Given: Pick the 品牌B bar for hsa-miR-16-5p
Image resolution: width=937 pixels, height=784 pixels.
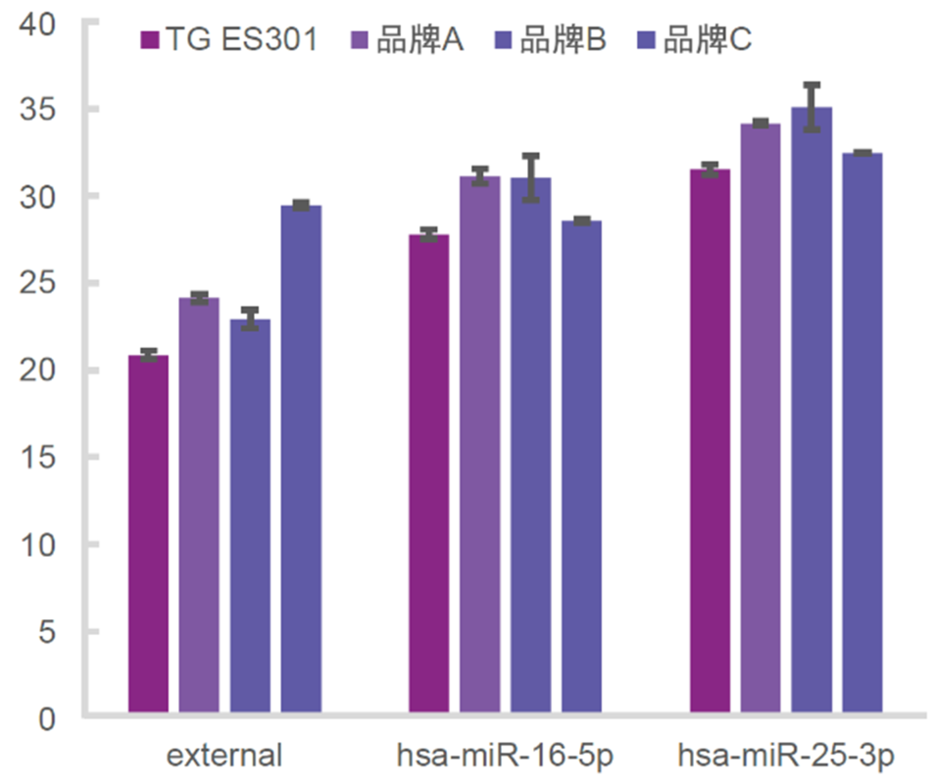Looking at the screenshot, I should (x=530, y=445).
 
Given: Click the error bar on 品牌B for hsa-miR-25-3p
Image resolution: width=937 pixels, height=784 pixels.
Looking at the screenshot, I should (x=812, y=107).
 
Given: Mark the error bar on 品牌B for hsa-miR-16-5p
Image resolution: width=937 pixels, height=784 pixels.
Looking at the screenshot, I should (x=530, y=177).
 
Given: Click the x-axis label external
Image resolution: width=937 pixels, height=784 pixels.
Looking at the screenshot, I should (x=224, y=757).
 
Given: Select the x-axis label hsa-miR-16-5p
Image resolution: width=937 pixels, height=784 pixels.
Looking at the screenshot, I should (x=506, y=757).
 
